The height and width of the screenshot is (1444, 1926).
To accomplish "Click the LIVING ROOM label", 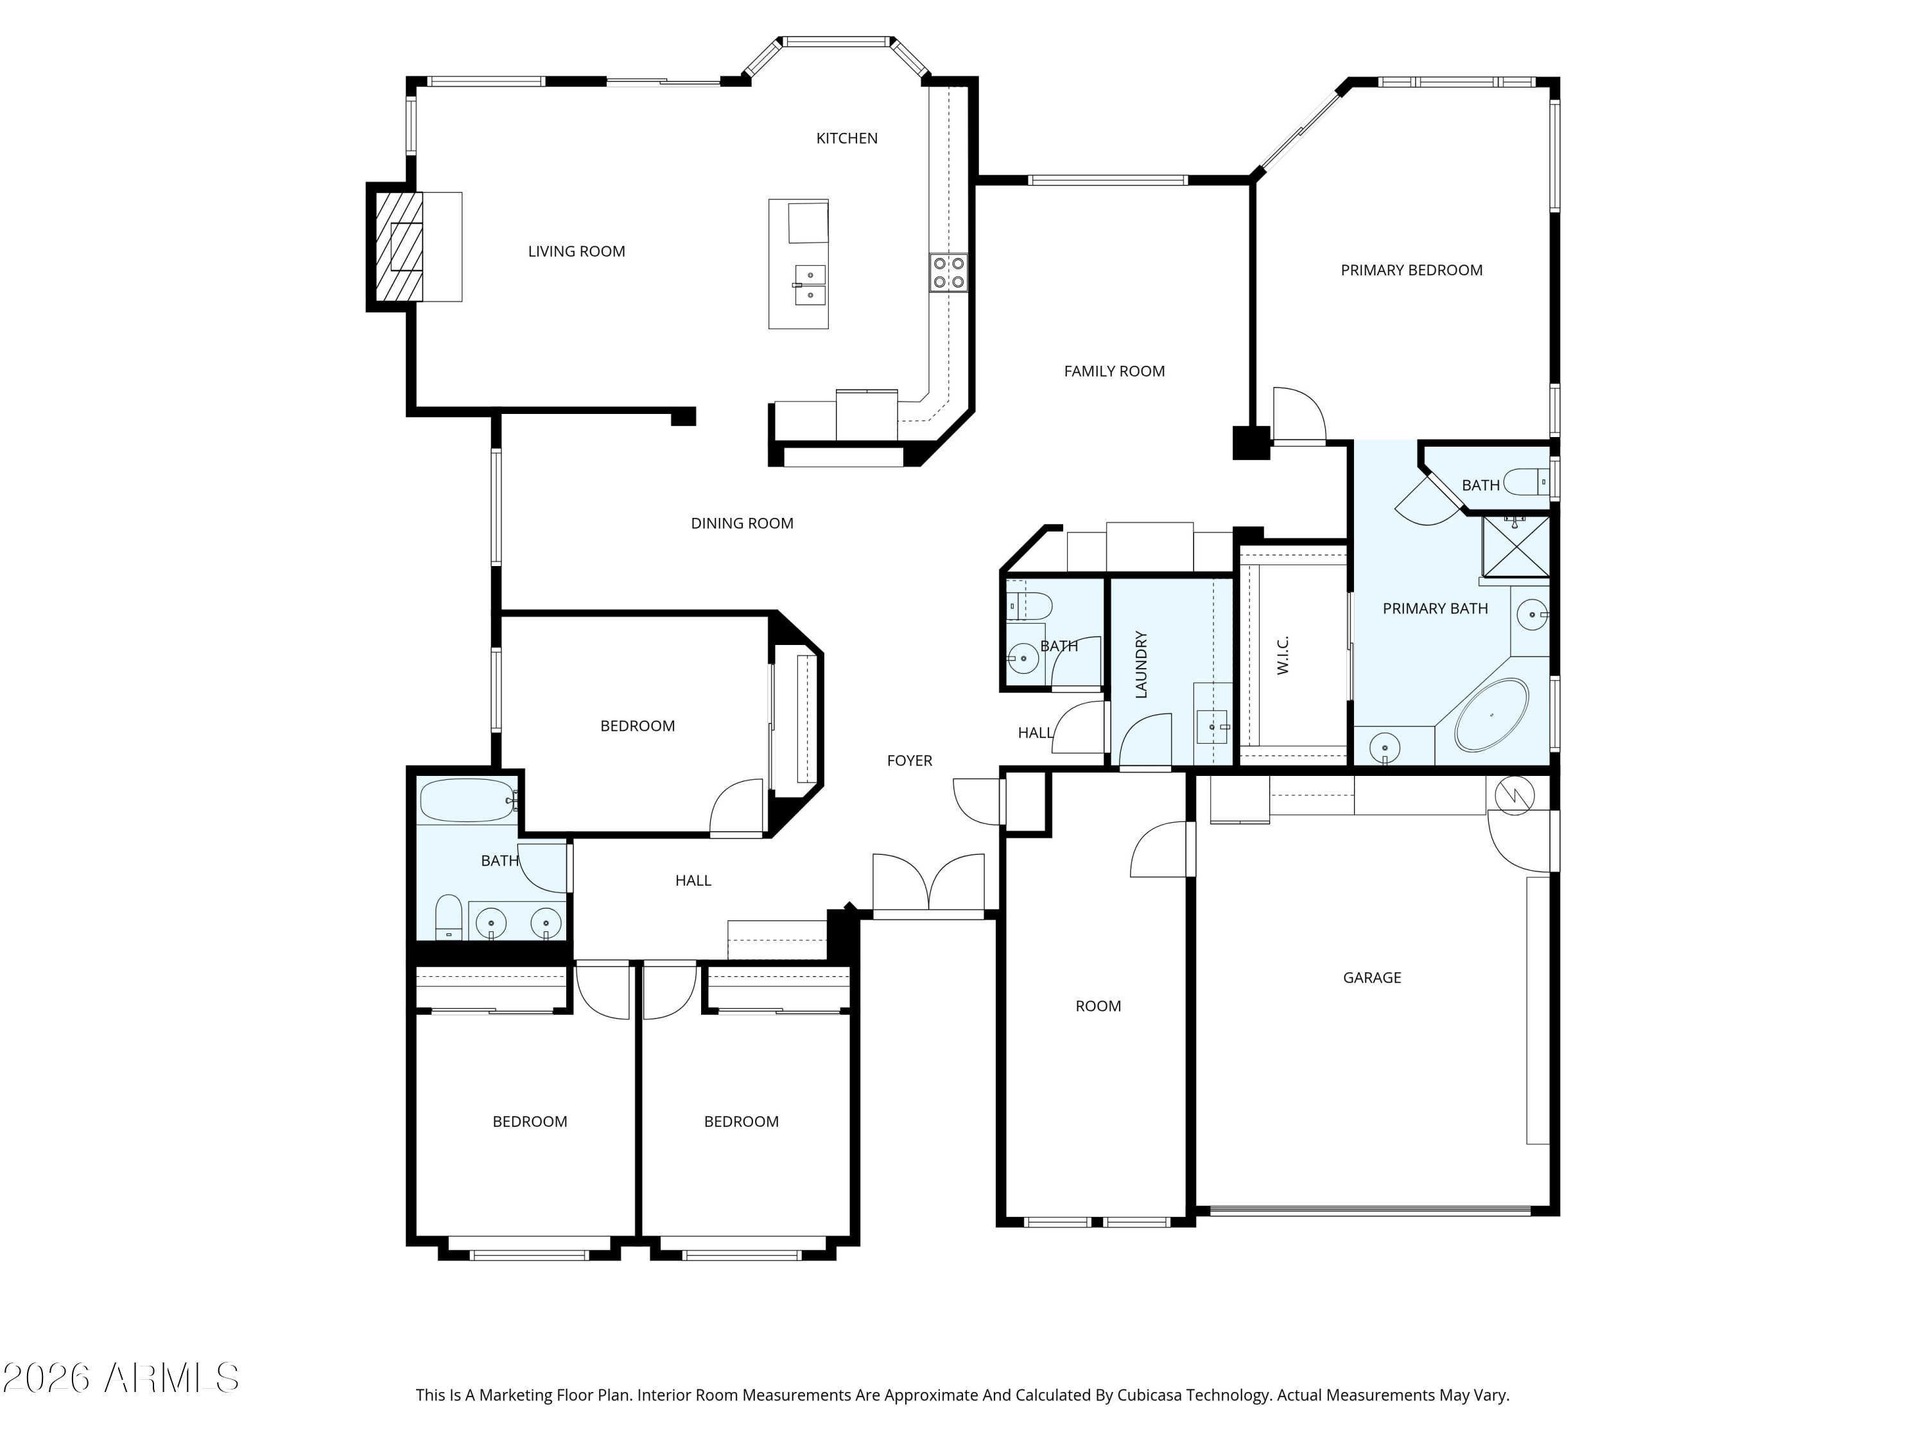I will click(577, 252).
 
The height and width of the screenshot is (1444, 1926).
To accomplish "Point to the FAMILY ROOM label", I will click(1114, 372).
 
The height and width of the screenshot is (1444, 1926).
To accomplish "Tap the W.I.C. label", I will click(1283, 655).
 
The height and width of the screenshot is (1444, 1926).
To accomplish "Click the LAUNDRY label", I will click(1141, 664).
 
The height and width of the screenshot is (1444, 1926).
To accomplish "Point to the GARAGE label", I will click(1371, 978).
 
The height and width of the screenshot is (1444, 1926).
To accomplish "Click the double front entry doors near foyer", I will click(929, 884).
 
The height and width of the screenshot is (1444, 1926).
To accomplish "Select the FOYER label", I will click(909, 761).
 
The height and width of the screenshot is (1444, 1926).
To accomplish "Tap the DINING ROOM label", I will click(742, 524).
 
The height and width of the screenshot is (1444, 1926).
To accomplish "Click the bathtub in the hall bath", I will click(467, 800).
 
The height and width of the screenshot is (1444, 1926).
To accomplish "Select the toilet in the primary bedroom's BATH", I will click(1525, 481).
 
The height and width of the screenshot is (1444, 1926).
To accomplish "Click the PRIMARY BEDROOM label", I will click(1410, 271).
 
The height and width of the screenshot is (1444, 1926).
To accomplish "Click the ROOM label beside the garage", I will click(1098, 1006).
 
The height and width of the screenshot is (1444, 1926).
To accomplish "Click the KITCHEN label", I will click(846, 139).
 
